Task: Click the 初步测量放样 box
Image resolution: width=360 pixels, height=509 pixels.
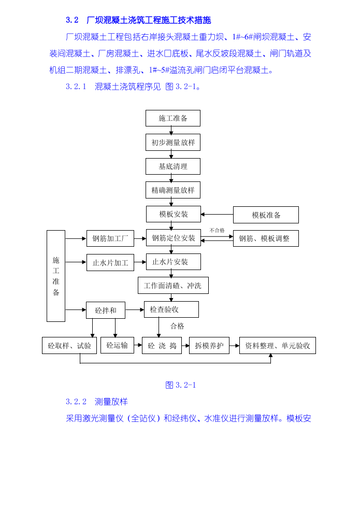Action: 172,143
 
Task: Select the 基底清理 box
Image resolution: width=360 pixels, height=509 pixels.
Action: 172,166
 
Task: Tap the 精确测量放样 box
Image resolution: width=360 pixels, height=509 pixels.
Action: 172,190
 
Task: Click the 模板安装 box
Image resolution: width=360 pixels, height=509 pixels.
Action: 173,214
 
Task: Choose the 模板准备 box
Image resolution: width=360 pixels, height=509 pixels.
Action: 266,215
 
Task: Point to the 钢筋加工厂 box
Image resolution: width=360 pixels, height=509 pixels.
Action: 110,238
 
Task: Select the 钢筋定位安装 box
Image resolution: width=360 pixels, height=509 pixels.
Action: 173,238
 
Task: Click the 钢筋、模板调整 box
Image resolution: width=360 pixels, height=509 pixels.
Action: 266,238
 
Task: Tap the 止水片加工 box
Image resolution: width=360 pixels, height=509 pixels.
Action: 110,262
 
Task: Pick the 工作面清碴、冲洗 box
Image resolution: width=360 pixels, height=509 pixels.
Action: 173,286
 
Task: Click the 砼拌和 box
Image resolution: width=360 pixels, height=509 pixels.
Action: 106,310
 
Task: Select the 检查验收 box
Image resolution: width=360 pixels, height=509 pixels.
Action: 171,309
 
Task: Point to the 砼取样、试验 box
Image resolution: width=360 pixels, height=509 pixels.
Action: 69,346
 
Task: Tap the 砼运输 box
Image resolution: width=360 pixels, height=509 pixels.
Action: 117,345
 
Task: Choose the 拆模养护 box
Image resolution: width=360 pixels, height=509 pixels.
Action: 209,346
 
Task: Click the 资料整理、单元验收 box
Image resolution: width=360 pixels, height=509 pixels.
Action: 277,346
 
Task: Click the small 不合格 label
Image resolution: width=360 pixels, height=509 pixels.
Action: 217,230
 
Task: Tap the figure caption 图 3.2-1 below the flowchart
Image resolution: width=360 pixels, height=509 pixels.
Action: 180,385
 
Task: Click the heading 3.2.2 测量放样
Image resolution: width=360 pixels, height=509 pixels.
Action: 96,402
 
